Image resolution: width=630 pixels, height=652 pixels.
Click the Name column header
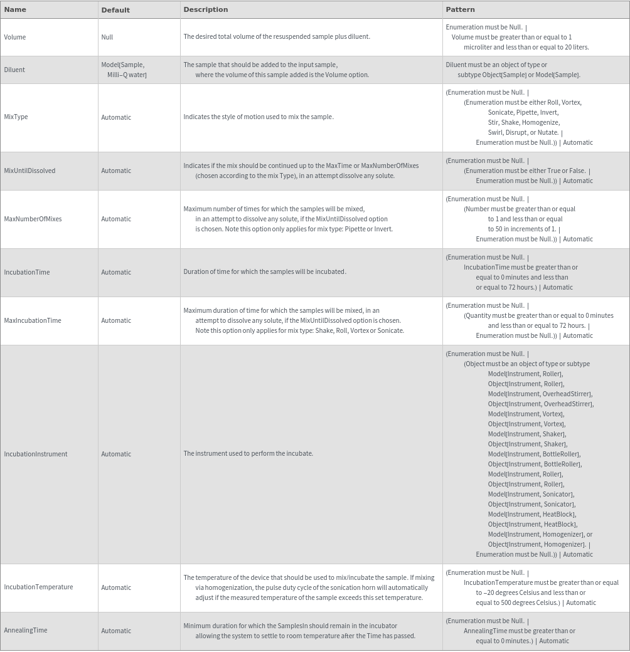(15, 9)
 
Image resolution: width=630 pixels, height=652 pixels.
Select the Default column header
(115, 10)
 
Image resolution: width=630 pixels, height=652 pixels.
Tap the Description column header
(205, 9)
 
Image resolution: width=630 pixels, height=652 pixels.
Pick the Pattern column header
(460, 9)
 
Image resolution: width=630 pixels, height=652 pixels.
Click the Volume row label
(15, 37)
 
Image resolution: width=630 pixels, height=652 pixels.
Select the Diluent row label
(14, 70)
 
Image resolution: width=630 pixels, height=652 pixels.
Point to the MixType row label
(16, 117)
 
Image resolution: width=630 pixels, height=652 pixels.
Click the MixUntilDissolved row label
(29, 171)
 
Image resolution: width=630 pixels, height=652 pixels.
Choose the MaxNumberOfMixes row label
(33, 219)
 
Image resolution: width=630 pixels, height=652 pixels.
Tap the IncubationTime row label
(27, 272)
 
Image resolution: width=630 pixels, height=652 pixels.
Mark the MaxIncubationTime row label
(33, 320)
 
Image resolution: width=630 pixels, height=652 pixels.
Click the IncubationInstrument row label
(36, 454)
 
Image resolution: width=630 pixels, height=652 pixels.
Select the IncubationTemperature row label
(38, 587)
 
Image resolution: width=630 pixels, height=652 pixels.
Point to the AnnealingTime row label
(26, 630)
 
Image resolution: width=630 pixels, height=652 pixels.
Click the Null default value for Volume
(107, 37)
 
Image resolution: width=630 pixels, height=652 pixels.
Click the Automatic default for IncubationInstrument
(116, 454)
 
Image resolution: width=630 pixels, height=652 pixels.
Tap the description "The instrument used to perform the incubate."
(248, 453)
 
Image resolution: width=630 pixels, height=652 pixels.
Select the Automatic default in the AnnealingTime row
(116, 631)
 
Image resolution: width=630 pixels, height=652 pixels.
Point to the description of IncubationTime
(264, 271)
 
